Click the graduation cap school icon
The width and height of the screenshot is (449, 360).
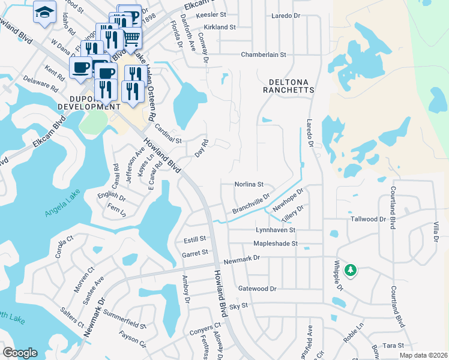coord(44,13)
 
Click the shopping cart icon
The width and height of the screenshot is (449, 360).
coord(131,38)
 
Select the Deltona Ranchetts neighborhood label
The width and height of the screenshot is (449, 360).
coord(288,85)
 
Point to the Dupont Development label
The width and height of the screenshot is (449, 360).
coord(81,101)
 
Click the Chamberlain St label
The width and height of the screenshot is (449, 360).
coord(264,55)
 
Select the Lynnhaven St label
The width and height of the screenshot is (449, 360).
coord(276,230)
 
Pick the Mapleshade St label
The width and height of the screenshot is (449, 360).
coord(276,244)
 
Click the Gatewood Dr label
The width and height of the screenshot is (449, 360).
coord(257,289)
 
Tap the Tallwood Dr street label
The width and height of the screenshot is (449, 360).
coord(368,220)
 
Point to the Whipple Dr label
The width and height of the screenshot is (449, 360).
coord(338,275)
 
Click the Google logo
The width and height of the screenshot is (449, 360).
coord(20,352)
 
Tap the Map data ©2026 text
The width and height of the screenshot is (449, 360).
coord(424,355)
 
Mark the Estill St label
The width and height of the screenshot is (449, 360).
coord(194,239)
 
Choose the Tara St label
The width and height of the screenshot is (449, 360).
coord(393,346)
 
